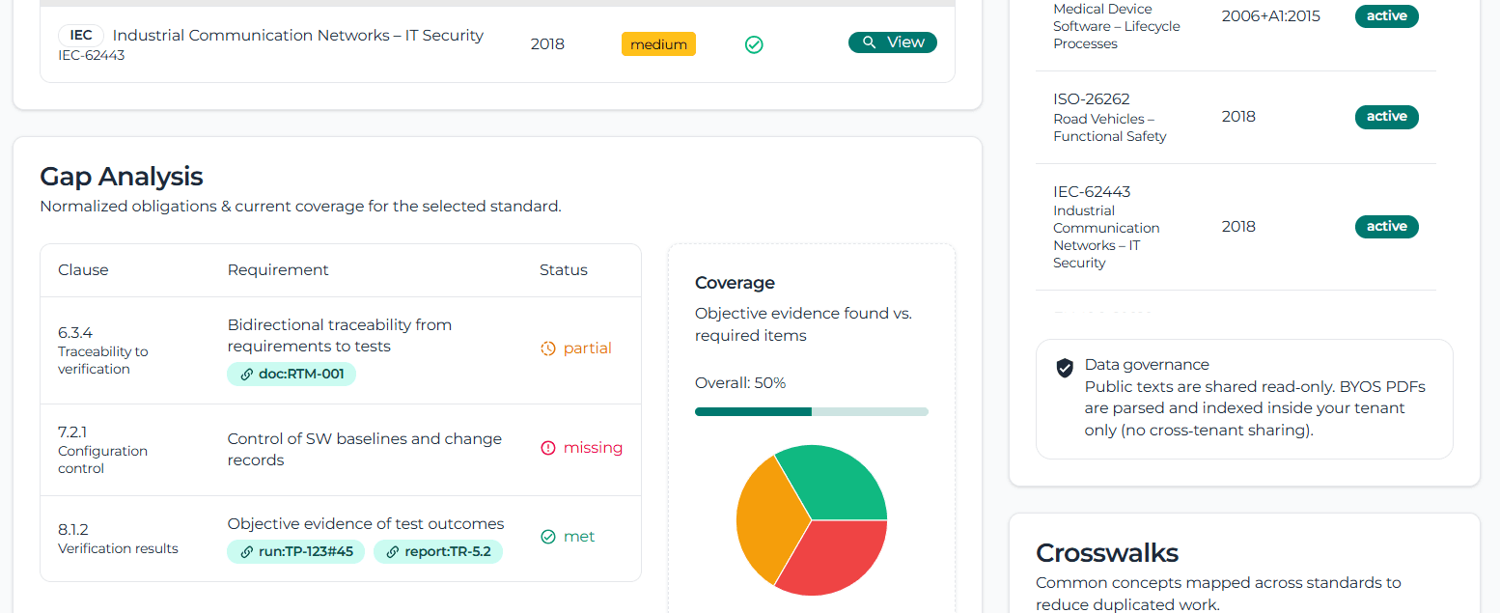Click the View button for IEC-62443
pyautogui.click(x=892, y=42)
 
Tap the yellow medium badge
pyautogui.click(x=658, y=44)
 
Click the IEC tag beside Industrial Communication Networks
pyautogui.click(x=81, y=36)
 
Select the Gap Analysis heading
pyautogui.click(x=122, y=177)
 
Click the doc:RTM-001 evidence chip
pyautogui.click(x=292, y=375)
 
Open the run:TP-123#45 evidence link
pyautogui.click(x=296, y=552)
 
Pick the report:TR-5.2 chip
pyautogui.click(x=438, y=552)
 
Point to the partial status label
pyautogui.click(x=576, y=348)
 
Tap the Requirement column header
pyautogui.click(x=278, y=270)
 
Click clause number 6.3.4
pyautogui.click(x=75, y=333)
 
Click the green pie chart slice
pyautogui.click(x=836, y=484)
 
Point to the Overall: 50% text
pyautogui.click(x=740, y=383)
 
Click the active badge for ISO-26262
pyautogui.click(x=1386, y=117)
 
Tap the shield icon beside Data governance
pyautogui.click(x=1065, y=368)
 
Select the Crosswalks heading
pyautogui.click(x=1106, y=553)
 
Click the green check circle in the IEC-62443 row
pyautogui.click(x=754, y=44)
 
